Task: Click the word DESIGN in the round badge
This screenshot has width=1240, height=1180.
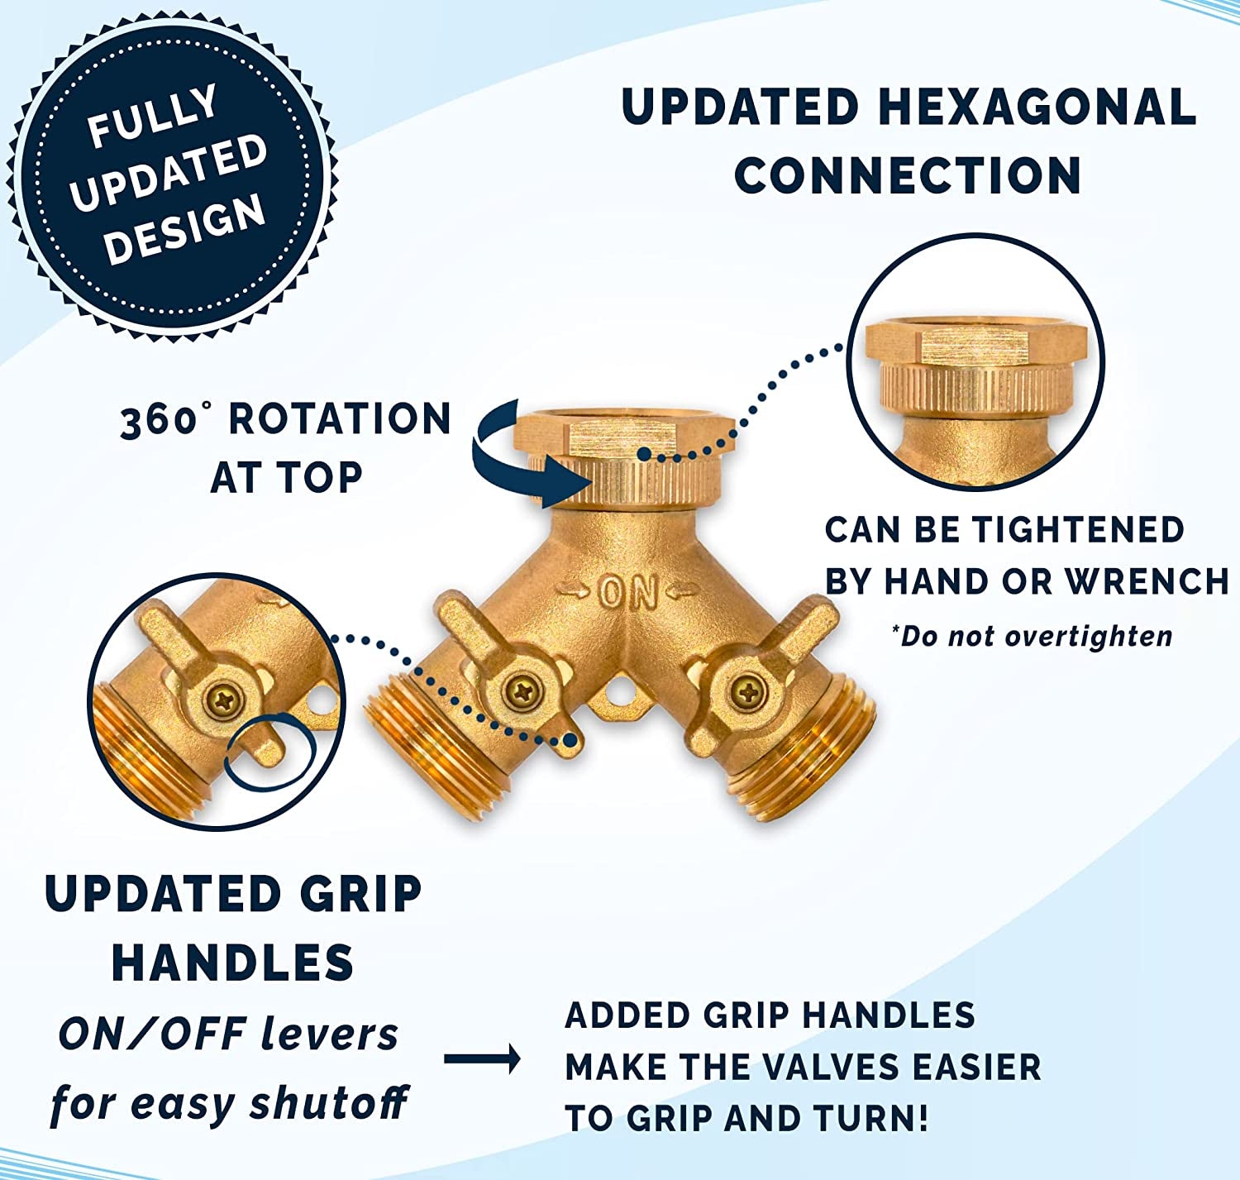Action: point(187,231)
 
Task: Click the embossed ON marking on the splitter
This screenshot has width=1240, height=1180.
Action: point(628,592)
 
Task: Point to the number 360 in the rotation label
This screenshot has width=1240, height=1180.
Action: point(157,421)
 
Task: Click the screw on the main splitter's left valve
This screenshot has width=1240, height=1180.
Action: point(520,690)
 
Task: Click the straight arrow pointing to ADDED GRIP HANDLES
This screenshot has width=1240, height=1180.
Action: point(482,1059)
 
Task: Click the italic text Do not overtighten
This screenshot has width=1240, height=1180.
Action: point(1032,636)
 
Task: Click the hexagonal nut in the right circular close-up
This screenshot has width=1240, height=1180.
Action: point(975,346)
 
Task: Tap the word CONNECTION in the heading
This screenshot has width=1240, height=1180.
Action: point(908,175)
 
